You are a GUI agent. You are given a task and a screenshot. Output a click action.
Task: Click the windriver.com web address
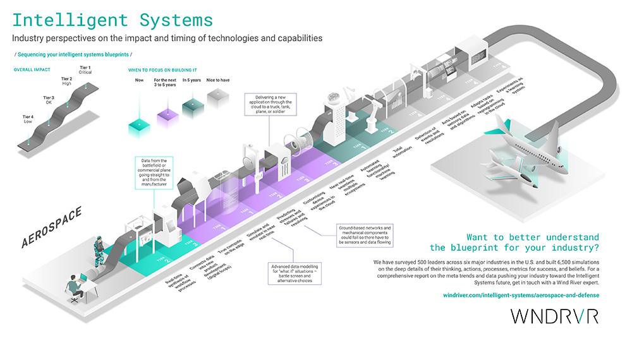(518, 295)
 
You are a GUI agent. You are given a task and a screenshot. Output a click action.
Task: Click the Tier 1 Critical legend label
(85, 70)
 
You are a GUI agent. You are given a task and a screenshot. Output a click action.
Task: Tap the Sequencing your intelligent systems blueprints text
(73, 55)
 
